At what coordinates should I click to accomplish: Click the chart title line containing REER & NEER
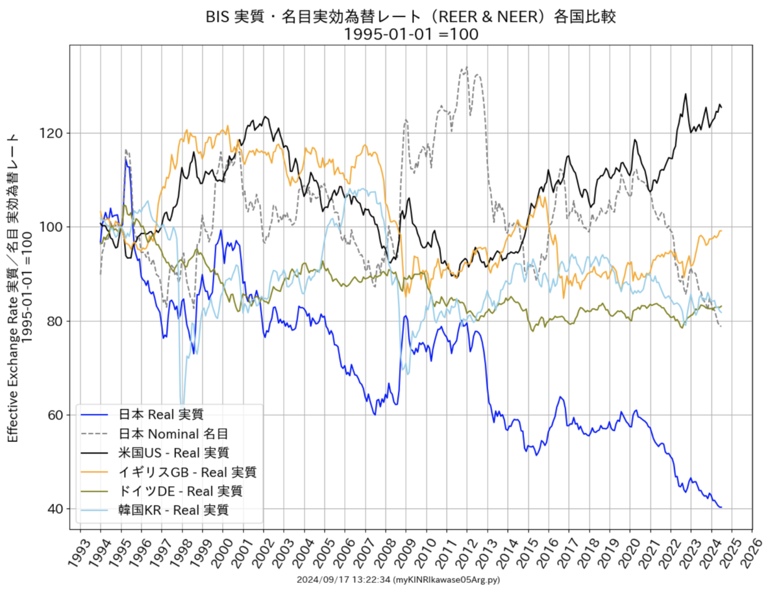pos(410,17)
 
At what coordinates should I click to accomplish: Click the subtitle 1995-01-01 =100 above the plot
pos(410,34)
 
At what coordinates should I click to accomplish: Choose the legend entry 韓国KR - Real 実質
pos(173,510)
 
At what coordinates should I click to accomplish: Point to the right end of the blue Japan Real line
pos(721,507)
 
